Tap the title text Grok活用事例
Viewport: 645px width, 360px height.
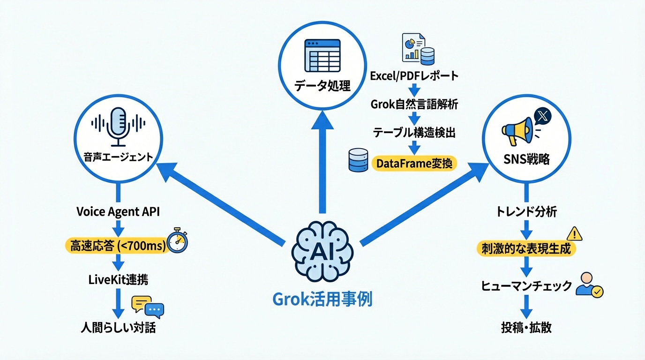[x=322, y=299]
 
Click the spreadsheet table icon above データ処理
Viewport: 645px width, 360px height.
[x=322, y=55]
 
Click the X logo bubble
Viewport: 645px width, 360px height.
[x=543, y=115]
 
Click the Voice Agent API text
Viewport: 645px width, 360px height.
[x=118, y=211]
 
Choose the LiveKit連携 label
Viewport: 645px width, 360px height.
[x=118, y=280]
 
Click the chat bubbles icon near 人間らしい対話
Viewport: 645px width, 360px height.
[x=148, y=306]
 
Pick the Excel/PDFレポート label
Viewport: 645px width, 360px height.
[x=414, y=75]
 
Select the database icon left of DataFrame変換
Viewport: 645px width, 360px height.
[x=359, y=160]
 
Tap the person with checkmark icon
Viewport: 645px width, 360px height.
[x=589, y=285]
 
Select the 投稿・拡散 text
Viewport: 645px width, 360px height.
[x=526, y=327]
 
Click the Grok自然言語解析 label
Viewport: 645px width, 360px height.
[x=414, y=104]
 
